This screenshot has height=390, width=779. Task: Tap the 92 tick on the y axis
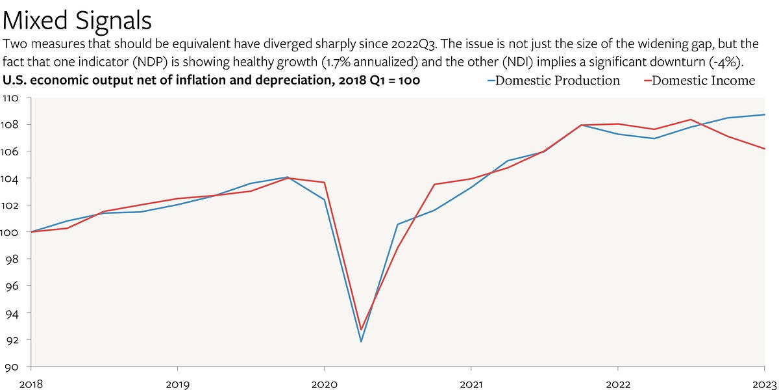[x=10, y=340]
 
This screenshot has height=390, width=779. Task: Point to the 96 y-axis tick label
[x=10, y=286]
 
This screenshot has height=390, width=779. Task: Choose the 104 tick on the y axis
[x=9, y=178]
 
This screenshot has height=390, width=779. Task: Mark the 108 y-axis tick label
[x=9, y=124]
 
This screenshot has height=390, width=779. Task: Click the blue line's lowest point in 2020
[x=361, y=341]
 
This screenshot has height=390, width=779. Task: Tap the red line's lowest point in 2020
[x=361, y=330]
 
